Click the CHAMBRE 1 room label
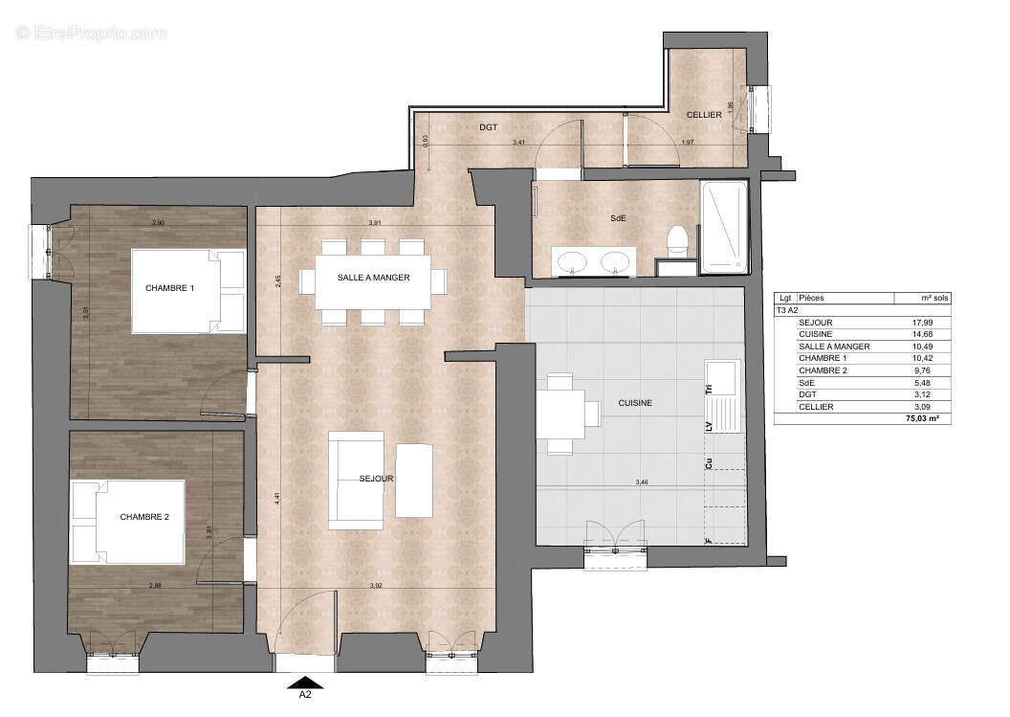170,288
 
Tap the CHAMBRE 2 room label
144,517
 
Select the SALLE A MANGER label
373,278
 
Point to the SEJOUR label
377,479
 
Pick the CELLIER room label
704,115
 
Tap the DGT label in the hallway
489,126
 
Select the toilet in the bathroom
678,241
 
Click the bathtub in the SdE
723,226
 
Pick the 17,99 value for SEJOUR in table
922,323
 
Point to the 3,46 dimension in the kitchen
642,482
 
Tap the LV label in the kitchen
709,426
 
